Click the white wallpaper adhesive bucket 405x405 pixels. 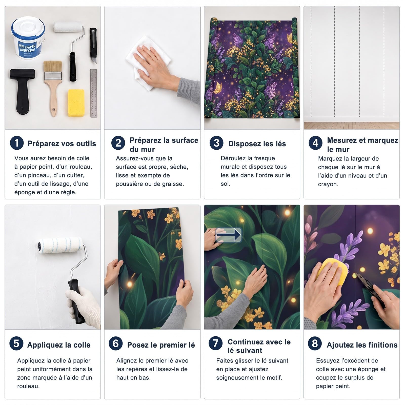coord(28,38)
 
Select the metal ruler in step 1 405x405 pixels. coord(93,93)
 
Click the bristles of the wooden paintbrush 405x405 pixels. coord(53,67)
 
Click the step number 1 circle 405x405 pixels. coord(17,143)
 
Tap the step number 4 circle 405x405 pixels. coord(315,143)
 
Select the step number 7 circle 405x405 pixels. coord(215,343)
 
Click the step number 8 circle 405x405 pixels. coord(315,343)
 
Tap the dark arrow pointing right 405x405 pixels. coord(229,235)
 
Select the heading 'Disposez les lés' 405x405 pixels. coord(257,144)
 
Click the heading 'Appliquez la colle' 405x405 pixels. coord(59,345)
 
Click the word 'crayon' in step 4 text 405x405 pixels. coord(328,184)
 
